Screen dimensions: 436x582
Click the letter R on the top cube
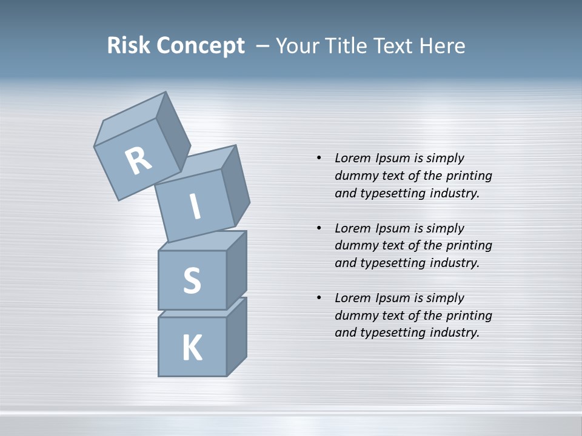coord(138,161)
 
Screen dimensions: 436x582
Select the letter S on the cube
coord(192,280)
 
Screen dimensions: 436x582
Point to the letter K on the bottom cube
coord(192,348)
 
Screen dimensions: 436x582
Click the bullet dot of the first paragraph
coord(319,158)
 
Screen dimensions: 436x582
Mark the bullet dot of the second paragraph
coord(319,228)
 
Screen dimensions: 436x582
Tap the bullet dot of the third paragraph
coord(319,298)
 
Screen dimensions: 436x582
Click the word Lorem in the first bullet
coord(352,158)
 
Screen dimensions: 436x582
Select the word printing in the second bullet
coord(469,246)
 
